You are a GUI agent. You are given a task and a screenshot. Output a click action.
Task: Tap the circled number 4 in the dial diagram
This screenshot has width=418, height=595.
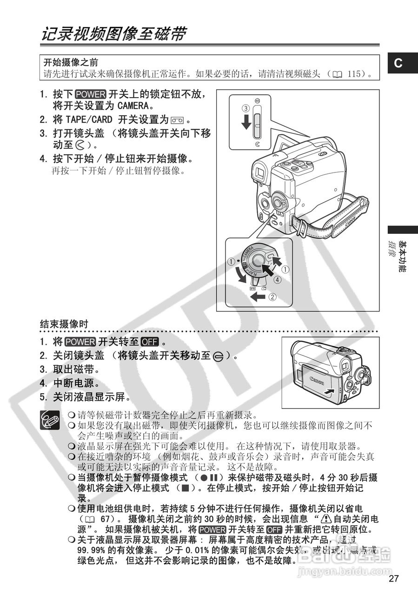tap(278, 280)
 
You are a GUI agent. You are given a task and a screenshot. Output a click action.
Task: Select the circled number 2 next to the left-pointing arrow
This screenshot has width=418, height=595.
tap(273, 296)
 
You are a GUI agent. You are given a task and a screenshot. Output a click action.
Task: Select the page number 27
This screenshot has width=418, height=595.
tap(394, 579)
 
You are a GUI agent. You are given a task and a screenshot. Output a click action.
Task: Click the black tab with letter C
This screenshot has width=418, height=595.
tap(398, 64)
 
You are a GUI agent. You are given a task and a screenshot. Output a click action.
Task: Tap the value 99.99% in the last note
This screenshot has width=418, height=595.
tap(92, 550)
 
